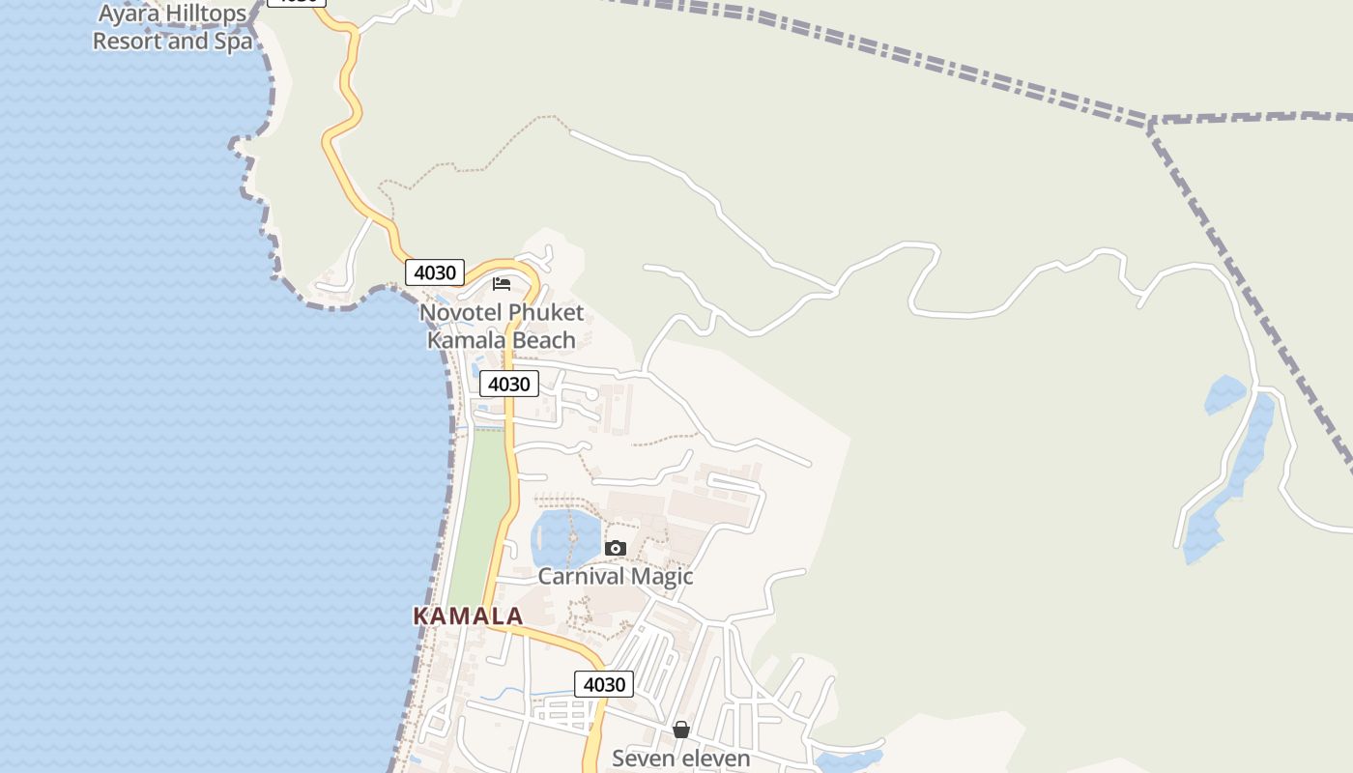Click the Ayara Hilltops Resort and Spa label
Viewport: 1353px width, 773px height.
(172, 28)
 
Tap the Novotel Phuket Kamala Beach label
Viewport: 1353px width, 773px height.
(502, 327)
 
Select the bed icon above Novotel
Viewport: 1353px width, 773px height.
(502, 283)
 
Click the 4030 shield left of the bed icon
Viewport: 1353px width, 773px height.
(435, 272)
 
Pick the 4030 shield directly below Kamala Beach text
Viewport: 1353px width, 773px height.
(509, 384)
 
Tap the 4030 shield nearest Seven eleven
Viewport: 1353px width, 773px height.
(605, 684)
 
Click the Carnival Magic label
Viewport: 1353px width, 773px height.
(616, 577)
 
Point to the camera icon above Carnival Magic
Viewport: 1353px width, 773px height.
(616, 548)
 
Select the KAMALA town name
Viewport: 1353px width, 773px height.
(468, 616)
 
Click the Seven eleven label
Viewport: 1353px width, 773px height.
(680, 759)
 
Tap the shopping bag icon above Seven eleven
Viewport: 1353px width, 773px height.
(681, 729)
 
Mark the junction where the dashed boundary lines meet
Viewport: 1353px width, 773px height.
(1151, 123)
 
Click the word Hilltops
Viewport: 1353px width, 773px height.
(200, 14)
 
